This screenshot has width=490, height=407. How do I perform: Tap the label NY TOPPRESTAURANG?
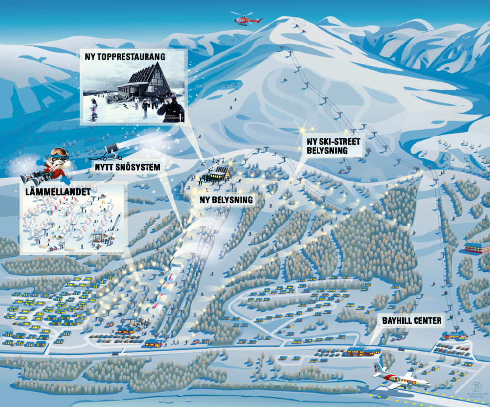[124, 57]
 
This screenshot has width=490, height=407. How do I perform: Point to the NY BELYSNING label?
[226, 200]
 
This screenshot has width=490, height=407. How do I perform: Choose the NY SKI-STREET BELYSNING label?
[333, 146]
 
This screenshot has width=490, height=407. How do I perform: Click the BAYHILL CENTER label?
[411, 321]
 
